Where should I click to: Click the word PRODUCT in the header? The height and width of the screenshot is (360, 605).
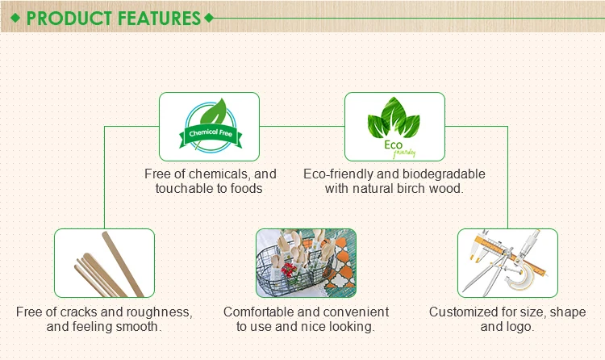pos(69,18)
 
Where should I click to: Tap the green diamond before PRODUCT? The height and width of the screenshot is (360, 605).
pos(15,18)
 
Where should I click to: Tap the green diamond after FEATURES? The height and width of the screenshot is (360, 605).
pos(209,18)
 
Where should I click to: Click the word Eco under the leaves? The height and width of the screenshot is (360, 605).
pos(393,144)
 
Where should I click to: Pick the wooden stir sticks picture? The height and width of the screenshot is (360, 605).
pos(104,263)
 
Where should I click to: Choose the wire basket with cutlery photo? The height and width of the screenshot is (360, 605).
pos(306,263)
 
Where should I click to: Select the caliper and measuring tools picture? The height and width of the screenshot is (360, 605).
pos(507,263)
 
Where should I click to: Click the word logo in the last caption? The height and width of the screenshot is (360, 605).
pos(519,327)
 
